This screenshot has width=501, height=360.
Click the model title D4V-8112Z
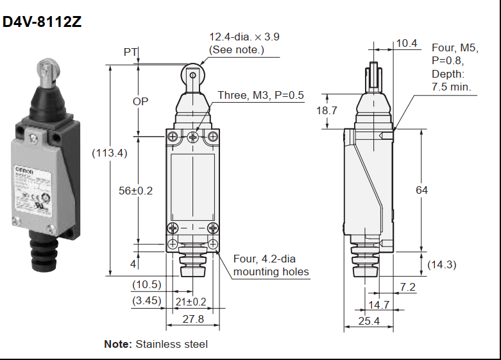tap(42, 22)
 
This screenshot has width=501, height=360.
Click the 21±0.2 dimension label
tap(191, 302)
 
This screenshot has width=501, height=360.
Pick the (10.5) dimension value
tap(146, 285)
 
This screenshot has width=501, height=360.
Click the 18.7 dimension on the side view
tap(327, 110)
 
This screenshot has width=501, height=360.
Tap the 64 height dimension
tap(421, 190)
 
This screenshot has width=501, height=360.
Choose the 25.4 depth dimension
tap(368, 321)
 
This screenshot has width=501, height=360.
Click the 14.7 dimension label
tap(378, 304)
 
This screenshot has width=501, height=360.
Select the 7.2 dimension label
tap(408, 286)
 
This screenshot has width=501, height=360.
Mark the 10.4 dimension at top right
tap(407, 44)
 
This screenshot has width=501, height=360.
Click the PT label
tap(130, 52)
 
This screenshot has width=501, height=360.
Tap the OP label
tap(140, 101)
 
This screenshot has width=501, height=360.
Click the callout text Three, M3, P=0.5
tap(260, 96)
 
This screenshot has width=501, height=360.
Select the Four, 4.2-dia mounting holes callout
tap(271, 266)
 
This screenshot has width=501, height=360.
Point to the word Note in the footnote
tap(117, 344)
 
